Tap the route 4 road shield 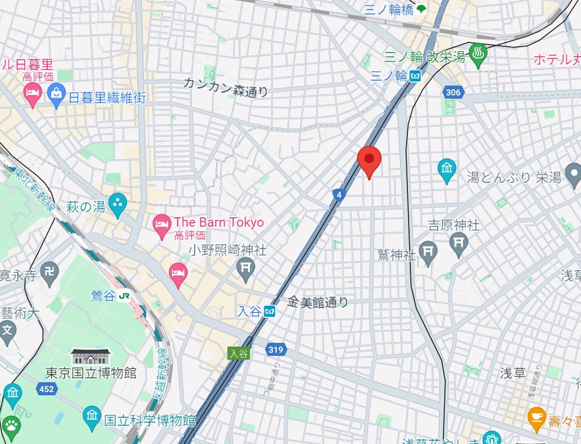click(339, 195)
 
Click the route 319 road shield click(275, 350)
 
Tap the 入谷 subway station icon click(269, 311)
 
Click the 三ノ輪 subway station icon click(415, 76)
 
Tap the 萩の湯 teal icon click(117, 202)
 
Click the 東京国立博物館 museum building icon click(91, 357)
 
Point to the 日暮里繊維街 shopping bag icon click(56, 96)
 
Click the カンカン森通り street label click(226, 87)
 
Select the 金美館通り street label click(317, 302)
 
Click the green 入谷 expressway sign click(238, 353)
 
